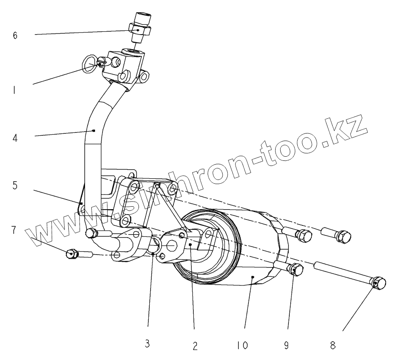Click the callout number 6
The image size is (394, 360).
pyautogui.click(x=15, y=35)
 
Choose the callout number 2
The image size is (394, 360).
pyautogui.click(x=194, y=345)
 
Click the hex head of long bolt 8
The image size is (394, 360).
pyautogui.click(x=377, y=283)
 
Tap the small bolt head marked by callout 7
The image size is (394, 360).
pyautogui.click(x=72, y=253)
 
